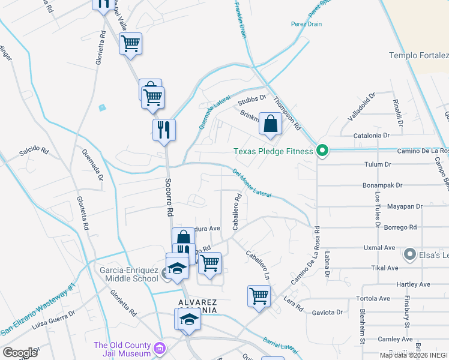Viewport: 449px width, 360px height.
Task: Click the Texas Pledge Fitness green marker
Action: (x=322, y=151)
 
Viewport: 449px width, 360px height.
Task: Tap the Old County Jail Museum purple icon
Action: (x=159, y=347)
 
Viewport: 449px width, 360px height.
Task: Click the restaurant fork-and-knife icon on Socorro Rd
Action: (x=163, y=129)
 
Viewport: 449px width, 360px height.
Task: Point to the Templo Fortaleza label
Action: (x=418, y=56)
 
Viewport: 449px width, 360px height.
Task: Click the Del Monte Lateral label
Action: (x=252, y=184)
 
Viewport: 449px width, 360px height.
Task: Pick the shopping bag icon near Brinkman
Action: (x=271, y=124)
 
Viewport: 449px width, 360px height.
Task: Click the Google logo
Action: (x=20, y=352)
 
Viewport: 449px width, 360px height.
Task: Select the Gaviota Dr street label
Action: (x=327, y=313)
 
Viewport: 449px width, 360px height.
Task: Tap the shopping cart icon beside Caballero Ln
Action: (x=259, y=295)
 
